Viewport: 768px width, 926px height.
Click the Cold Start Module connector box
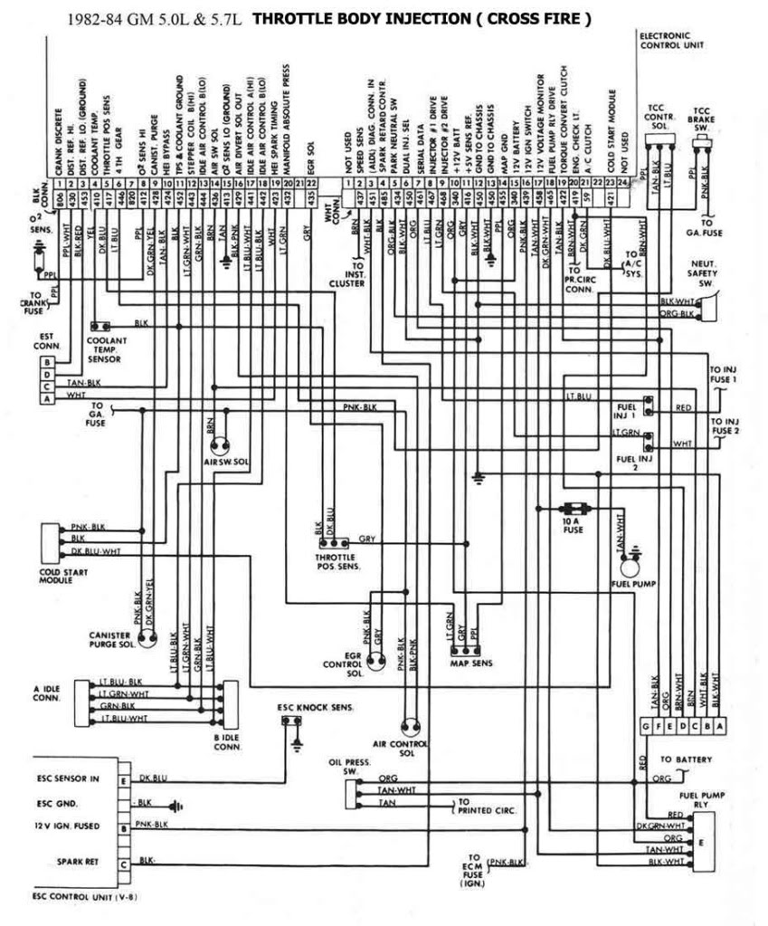[x=49, y=540]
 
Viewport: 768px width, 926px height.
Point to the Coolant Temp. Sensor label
[x=108, y=348]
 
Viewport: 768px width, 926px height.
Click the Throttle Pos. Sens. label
[x=337, y=561]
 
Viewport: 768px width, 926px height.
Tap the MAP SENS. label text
[x=470, y=663]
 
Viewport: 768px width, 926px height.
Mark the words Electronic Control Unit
[x=671, y=40]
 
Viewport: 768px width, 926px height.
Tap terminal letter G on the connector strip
[x=644, y=728]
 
